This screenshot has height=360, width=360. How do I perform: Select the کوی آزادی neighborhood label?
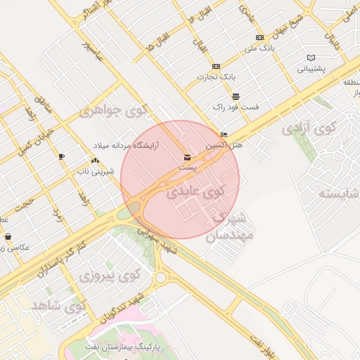click(308, 129)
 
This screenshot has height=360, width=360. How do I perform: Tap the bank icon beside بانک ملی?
click(260, 37)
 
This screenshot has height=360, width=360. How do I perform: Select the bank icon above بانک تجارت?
click(215, 66)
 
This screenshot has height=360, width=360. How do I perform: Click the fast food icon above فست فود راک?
click(236, 96)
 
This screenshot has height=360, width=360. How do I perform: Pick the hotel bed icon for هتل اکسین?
click(224, 134)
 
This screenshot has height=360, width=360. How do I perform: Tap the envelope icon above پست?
click(187, 157)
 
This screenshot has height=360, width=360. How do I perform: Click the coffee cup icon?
click(61, 156)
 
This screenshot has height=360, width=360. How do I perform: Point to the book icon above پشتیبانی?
click(311, 58)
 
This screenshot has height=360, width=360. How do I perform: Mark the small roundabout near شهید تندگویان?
click(160, 277)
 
